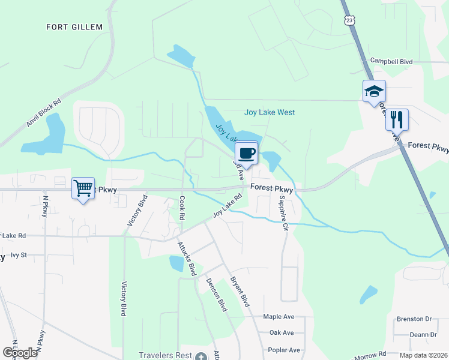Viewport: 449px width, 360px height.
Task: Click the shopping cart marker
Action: point(83,188)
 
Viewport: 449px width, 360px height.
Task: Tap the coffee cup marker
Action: point(246,152)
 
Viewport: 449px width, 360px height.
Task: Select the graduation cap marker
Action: point(373,91)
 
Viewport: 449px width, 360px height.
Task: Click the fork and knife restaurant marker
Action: point(396,119)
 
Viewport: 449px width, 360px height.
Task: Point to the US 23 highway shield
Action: point(351,20)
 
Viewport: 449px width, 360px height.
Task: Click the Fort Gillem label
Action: point(74,27)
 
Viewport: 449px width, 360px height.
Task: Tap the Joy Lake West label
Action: point(270,112)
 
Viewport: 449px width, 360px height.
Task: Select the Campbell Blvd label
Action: point(391,61)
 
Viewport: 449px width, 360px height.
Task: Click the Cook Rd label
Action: point(181,207)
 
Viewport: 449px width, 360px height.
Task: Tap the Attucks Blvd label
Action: point(187,259)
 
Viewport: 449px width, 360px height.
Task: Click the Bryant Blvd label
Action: point(240,292)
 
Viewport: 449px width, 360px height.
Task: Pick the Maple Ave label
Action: point(279,316)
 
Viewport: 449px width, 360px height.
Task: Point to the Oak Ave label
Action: point(282,332)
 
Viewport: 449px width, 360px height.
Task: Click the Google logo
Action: point(20,352)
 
